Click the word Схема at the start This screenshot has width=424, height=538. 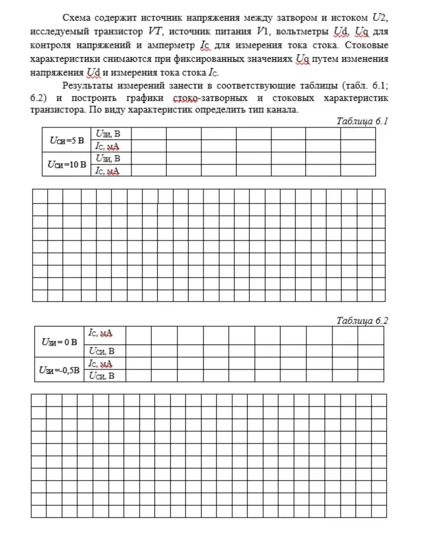click(x=76, y=18)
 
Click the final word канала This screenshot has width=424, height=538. click(x=282, y=110)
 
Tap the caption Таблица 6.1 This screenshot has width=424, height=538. click(x=362, y=121)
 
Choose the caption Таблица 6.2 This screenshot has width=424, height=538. click(x=362, y=320)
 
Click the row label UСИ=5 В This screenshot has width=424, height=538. click(x=67, y=140)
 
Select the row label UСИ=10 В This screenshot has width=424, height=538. click(x=67, y=164)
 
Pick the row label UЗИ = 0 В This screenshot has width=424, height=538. click(x=59, y=341)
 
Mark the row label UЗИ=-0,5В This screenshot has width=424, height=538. click(x=59, y=370)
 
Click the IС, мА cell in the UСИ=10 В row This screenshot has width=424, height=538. click(x=108, y=170)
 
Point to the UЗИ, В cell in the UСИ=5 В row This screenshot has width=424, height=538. click(x=108, y=134)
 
